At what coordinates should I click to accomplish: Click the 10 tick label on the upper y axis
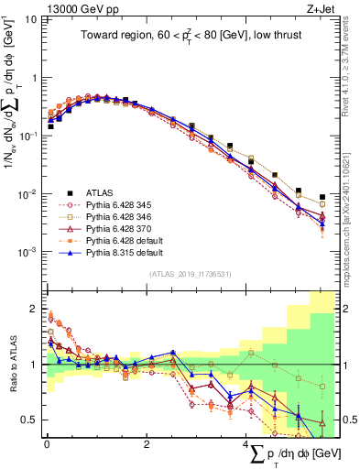(29, 19)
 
